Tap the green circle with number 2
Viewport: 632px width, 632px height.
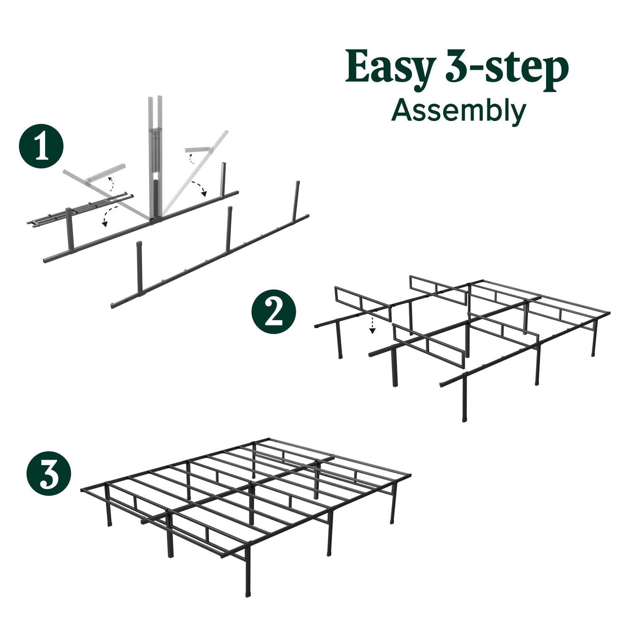tap(273, 312)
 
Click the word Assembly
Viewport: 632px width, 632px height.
tap(458, 111)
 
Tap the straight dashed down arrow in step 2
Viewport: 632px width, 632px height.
tap(372, 325)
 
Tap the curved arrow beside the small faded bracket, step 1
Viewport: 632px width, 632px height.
tap(191, 158)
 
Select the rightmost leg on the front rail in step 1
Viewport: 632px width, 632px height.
tap(297, 199)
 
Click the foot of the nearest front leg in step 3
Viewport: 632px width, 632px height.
tap(248, 592)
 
